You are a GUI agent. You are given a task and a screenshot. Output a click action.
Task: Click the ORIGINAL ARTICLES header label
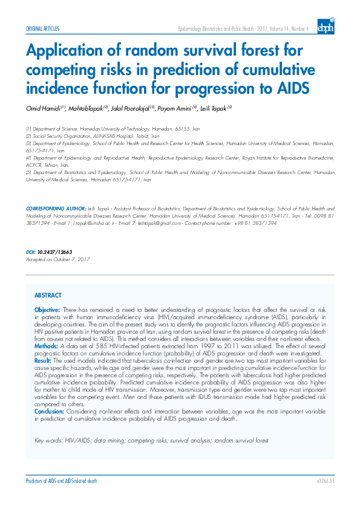click(x=42, y=28)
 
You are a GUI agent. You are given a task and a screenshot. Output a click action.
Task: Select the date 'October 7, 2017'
click(x=74, y=259)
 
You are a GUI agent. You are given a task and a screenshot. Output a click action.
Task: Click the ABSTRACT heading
click(x=48, y=295)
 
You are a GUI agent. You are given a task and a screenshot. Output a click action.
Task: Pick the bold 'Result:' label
click(x=44, y=359)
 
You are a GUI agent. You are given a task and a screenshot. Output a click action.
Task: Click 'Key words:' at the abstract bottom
click(x=48, y=441)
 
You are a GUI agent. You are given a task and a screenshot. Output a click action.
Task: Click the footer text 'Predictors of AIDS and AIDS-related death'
click(x=61, y=481)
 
